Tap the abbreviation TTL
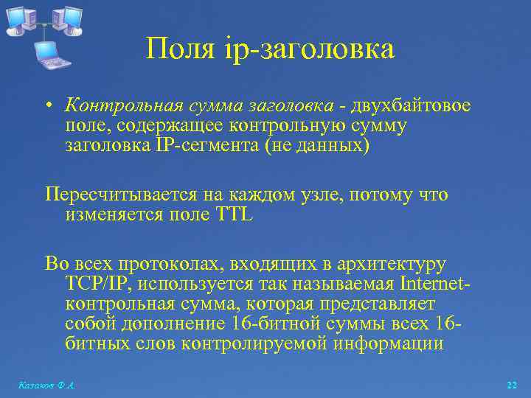click(x=234, y=214)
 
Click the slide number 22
click(x=512, y=385)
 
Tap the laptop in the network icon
click(x=49, y=54)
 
